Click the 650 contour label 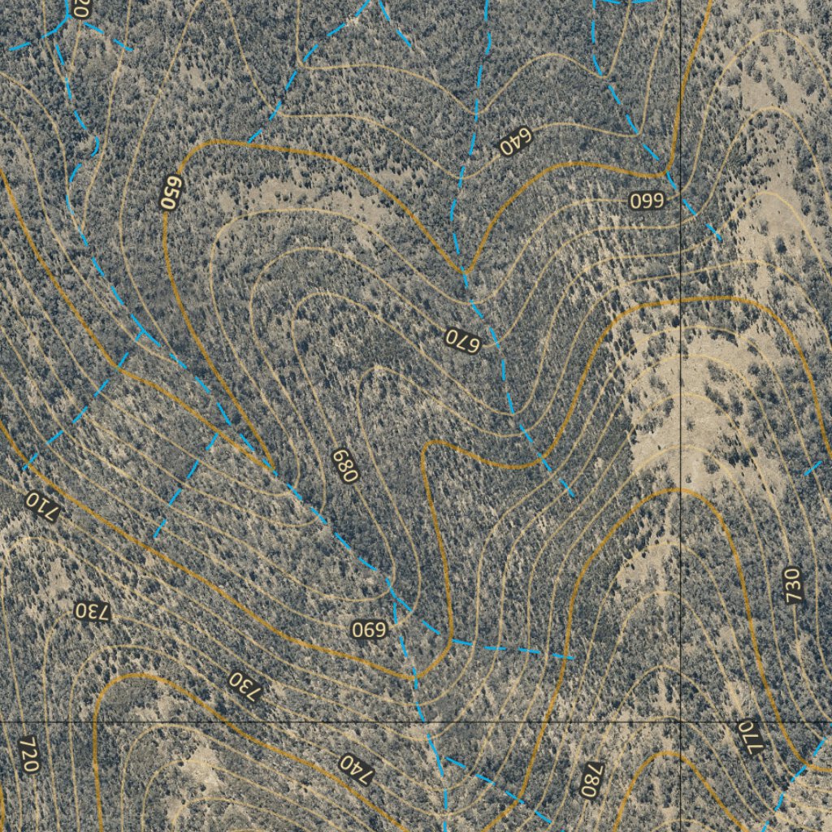point(171,193)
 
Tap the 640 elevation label point(514,142)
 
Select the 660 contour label point(648,201)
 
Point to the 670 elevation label point(464,340)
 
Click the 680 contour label point(344,465)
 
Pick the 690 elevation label point(370,629)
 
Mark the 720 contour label point(28,755)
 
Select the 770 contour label point(751,737)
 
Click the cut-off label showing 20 point(80,8)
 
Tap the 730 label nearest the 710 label point(91,611)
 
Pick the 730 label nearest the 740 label point(247,686)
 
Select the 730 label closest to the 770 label point(794,585)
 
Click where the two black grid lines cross point(680,721)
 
